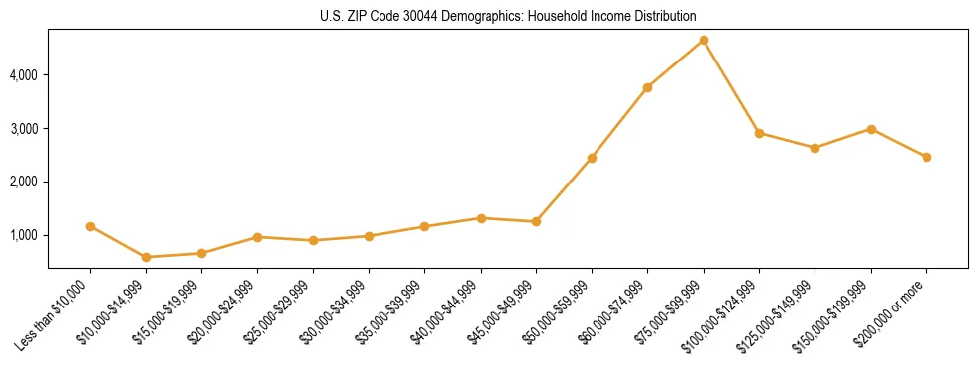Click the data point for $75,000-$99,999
pyautogui.click(x=704, y=41)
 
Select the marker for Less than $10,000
pyautogui.click(x=90, y=226)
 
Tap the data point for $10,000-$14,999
pyautogui.click(x=147, y=257)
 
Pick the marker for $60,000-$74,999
pyautogui.click(x=647, y=88)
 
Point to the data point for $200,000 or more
pyautogui.click(x=926, y=157)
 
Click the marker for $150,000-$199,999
pyautogui.click(x=871, y=129)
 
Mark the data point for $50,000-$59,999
pyautogui.click(x=592, y=158)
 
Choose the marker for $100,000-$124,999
pyautogui.click(x=759, y=133)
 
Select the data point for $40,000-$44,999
pyautogui.click(x=481, y=218)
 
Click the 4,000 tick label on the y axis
pyautogui.click(x=25, y=75)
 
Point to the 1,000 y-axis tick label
pyautogui.click(x=25, y=236)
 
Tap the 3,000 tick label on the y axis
pyautogui.click(x=25, y=129)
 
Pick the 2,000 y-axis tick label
pyautogui.click(x=25, y=183)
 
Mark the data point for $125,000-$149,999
pyautogui.click(x=815, y=148)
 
